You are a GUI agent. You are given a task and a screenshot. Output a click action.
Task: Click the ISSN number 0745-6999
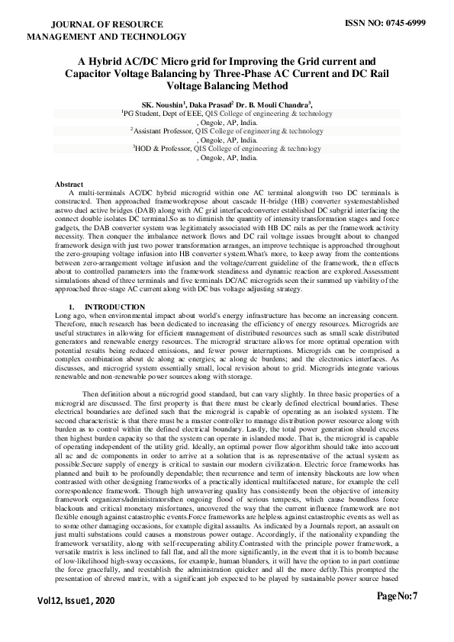(x=404, y=24)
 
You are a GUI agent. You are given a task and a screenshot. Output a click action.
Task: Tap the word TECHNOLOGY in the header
(x=152, y=36)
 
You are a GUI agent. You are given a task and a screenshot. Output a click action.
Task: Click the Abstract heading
(x=69, y=185)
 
